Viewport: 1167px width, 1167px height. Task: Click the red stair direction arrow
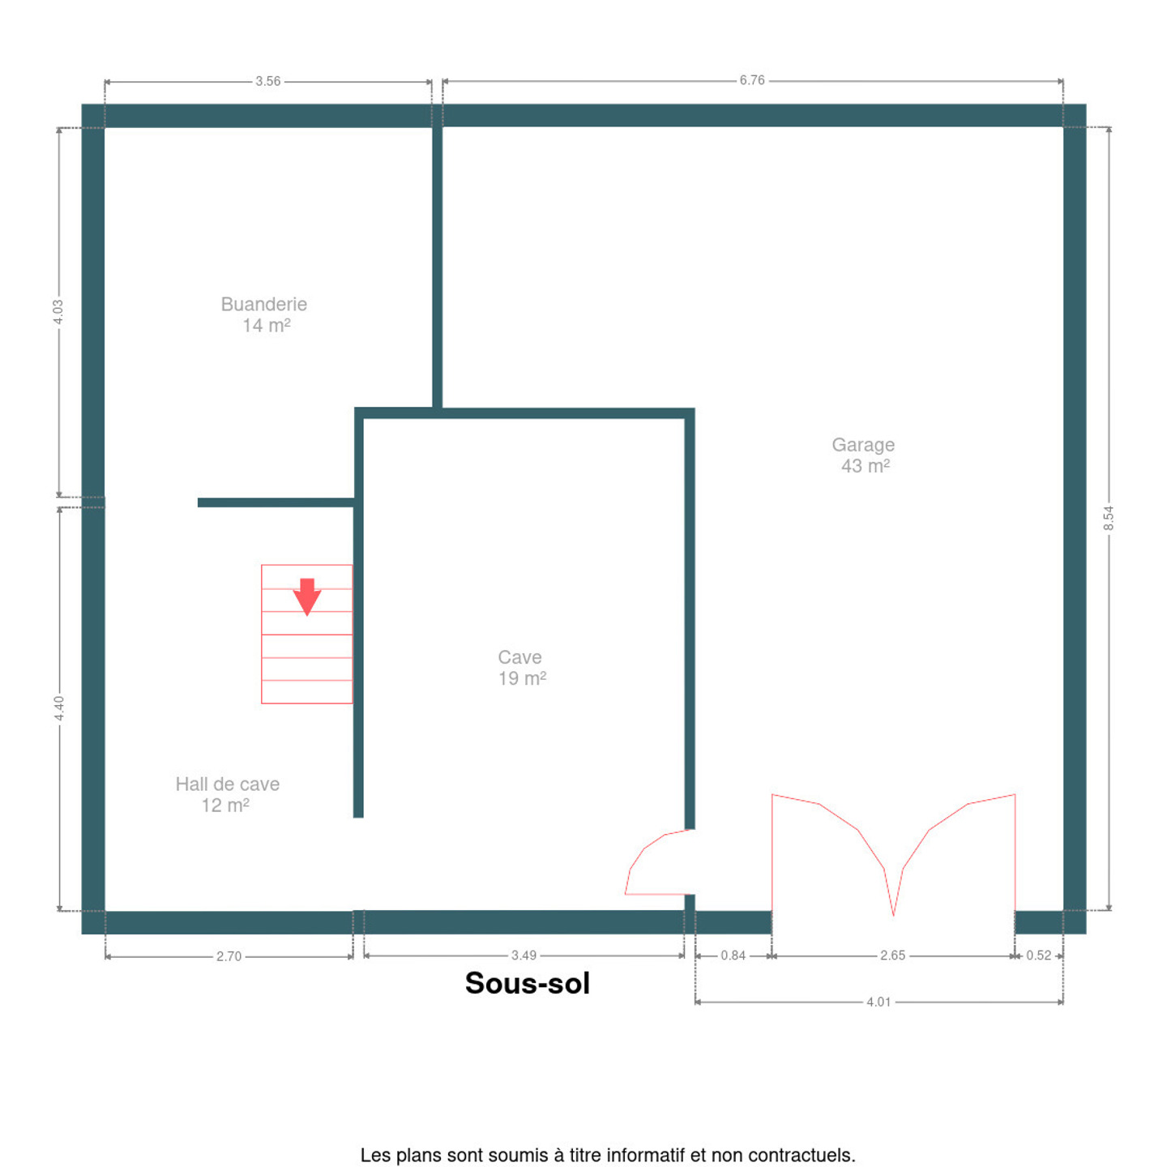tap(307, 596)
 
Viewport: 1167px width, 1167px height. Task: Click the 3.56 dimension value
tap(267, 81)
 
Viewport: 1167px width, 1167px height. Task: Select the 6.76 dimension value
tap(752, 80)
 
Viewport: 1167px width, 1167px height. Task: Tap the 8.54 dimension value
tap(1109, 519)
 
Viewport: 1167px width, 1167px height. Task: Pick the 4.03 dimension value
tap(58, 312)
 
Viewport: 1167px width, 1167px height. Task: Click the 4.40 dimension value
tap(58, 708)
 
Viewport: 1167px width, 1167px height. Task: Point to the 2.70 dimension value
tap(229, 957)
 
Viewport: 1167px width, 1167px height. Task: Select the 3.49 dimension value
tap(524, 955)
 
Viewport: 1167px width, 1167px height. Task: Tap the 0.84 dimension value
tap(733, 955)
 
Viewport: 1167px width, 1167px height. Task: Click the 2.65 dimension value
tap(892, 955)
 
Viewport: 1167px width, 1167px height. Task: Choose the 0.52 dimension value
tap(1039, 955)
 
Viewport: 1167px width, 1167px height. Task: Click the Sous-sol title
tap(528, 983)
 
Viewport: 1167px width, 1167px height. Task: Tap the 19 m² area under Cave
tap(522, 678)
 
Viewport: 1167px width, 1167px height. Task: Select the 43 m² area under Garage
tap(866, 466)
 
